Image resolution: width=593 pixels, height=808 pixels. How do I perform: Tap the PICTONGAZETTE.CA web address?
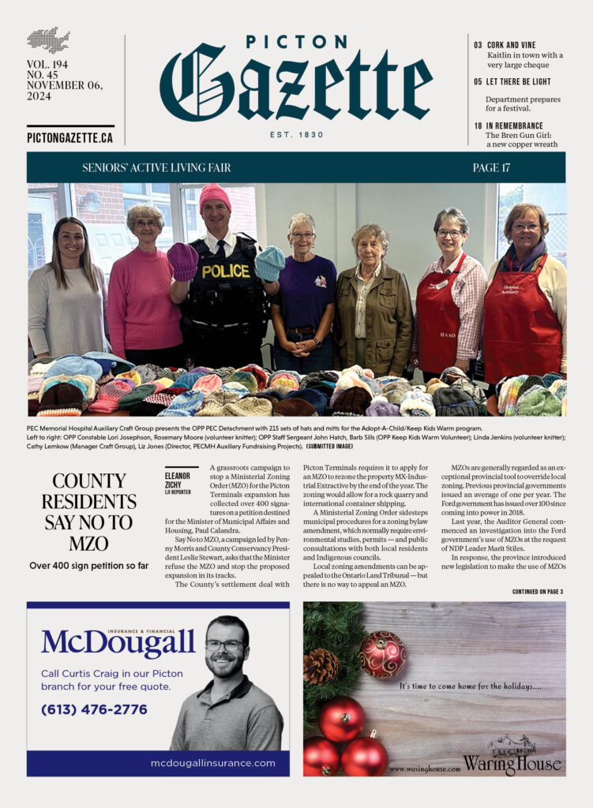[69, 137]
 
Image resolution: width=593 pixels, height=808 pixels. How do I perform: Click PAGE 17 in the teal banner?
[491, 167]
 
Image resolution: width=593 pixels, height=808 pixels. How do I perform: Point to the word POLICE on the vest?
[225, 271]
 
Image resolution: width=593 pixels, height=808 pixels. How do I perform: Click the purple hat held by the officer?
[183, 260]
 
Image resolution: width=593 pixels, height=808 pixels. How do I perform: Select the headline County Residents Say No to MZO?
[88, 511]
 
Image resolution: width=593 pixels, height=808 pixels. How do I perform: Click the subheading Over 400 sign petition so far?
[88, 565]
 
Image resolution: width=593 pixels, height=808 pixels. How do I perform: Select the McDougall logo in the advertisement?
[118, 642]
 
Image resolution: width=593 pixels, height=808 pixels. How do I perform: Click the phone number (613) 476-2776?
[94, 709]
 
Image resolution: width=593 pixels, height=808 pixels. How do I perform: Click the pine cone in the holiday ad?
[321, 666]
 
